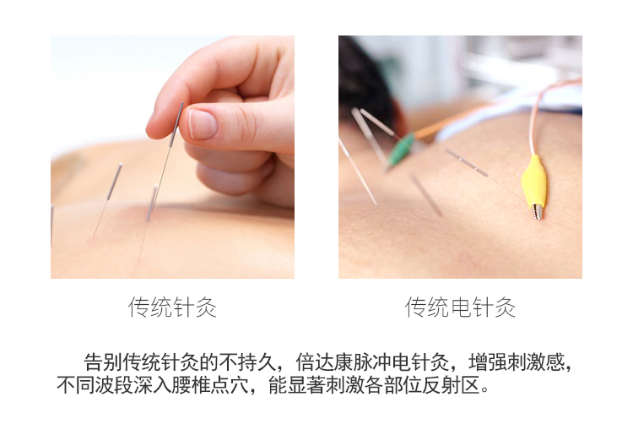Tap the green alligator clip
pos(401,150)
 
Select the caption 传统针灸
pos(172,307)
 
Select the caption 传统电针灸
pos(460,307)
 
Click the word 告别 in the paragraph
pos(102,362)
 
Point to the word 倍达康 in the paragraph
pos(324,362)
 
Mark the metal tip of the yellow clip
pos(538,212)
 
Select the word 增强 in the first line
pos(487,362)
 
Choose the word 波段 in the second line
pos(114,385)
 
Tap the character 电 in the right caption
pos(460,307)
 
